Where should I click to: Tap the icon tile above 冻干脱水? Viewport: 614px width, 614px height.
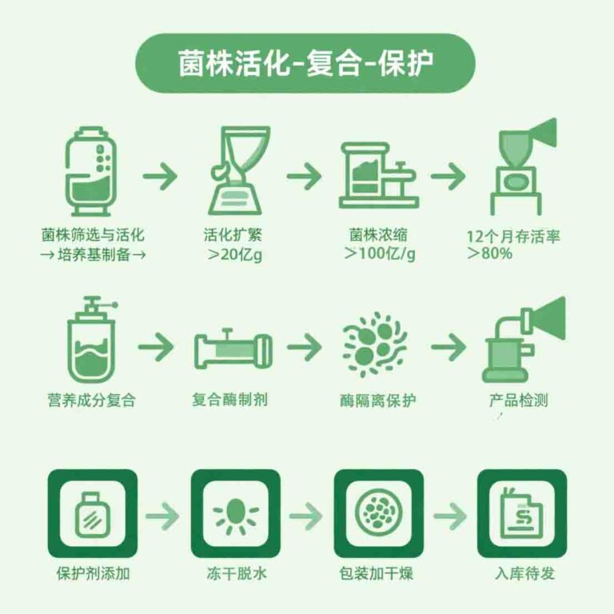(235, 513)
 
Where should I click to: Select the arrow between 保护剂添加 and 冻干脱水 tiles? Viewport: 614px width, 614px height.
(164, 515)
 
